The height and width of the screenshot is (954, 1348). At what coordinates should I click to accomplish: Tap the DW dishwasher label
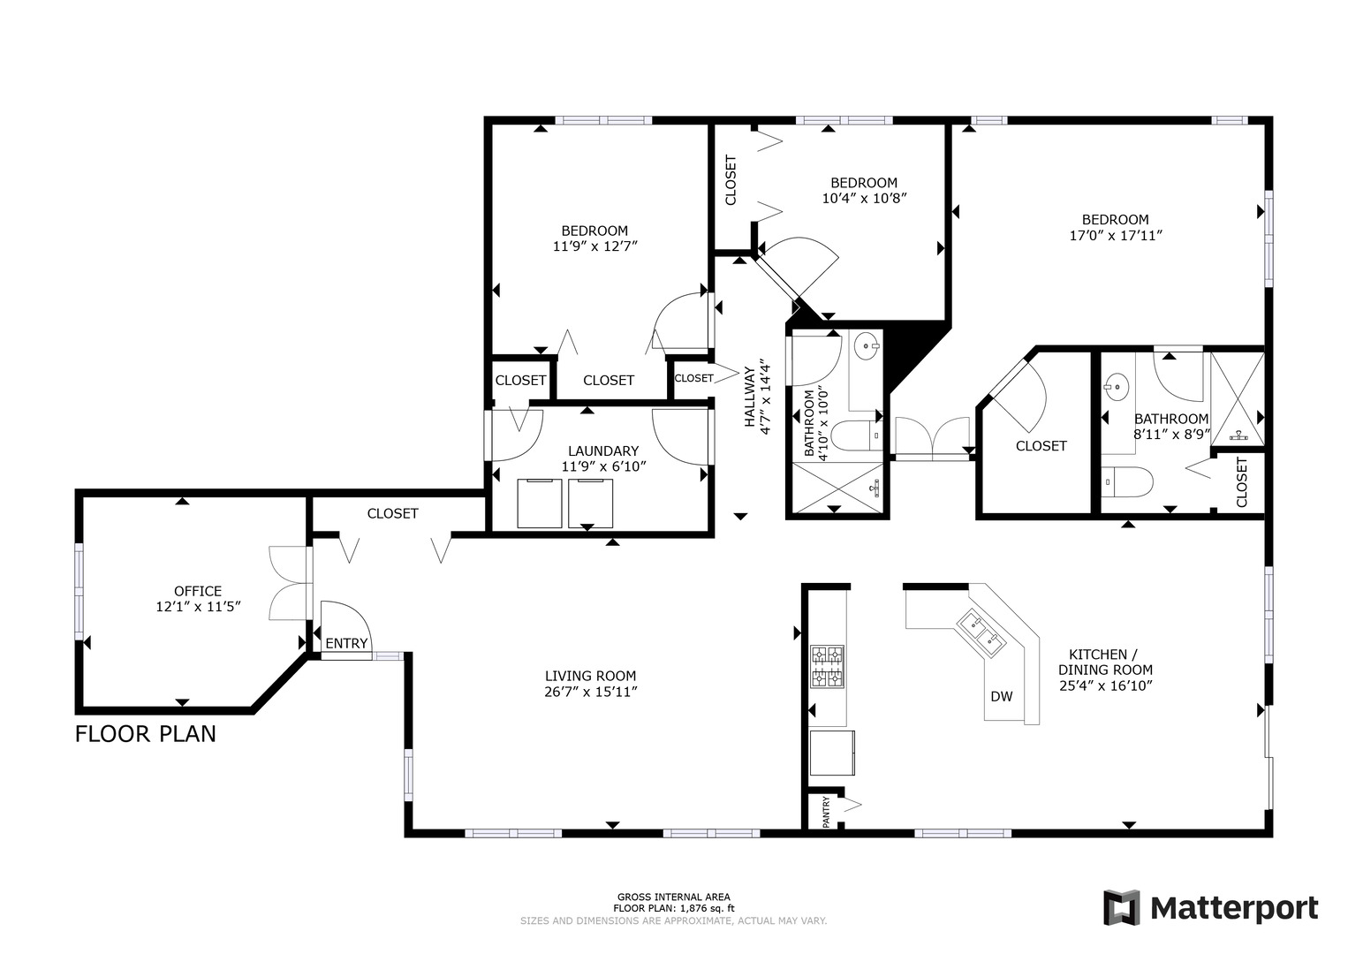(1002, 696)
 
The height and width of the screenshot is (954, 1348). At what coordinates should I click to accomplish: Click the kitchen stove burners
(828, 666)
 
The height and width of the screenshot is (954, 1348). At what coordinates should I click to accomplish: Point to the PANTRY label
(826, 812)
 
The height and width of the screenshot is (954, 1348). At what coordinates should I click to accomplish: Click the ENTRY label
(346, 643)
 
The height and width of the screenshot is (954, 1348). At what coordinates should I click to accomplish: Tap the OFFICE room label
(197, 591)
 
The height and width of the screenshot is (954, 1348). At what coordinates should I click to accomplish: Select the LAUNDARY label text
(603, 450)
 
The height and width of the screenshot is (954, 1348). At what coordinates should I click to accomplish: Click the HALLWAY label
(749, 397)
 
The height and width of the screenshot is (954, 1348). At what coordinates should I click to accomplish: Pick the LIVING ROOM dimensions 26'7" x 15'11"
(590, 693)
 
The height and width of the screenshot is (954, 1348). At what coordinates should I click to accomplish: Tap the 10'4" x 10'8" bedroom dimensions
(864, 198)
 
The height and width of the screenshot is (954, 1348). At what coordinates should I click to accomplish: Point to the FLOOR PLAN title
(146, 734)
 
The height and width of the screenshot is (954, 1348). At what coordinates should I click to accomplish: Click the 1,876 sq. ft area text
(701, 908)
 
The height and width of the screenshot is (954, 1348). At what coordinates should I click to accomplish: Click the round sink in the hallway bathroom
(867, 346)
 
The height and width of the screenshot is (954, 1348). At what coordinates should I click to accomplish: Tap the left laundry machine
(539, 503)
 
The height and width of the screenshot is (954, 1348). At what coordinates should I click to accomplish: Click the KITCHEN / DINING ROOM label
(1105, 662)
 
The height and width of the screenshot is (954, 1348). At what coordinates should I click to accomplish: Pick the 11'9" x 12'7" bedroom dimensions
(595, 246)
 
